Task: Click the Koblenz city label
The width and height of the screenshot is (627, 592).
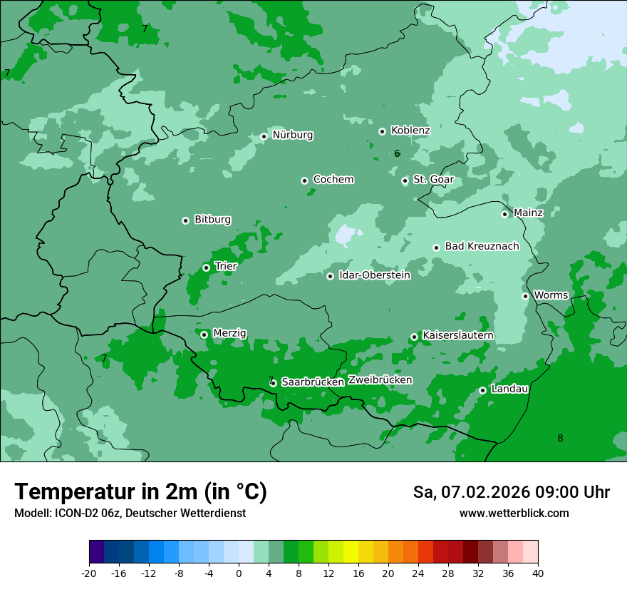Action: click(x=410, y=131)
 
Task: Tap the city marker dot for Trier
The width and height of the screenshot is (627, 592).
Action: click(x=206, y=267)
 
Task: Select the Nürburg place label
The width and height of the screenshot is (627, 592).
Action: click(x=292, y=135)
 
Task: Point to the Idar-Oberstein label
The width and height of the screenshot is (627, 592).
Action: click(x=375, y=275)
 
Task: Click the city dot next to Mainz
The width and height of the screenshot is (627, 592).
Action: click(x=504, y=214)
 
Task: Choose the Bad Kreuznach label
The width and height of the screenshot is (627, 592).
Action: click(x=482, y=246)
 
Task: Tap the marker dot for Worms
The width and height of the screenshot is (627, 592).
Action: click(x=525, y=296)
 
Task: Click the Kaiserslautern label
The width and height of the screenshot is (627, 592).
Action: click(x=458, y=335)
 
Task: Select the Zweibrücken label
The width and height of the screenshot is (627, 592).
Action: click(x=380, y=380)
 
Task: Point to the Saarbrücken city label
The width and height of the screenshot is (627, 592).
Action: click(x=313, y=382)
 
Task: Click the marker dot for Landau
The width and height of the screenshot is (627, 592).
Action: click(x=482, y=390)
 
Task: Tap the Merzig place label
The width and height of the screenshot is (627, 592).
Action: click(x=229, y=333)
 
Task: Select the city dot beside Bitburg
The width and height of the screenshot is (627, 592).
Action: click(x=185, y=220)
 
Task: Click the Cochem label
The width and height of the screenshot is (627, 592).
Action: click(x=333, y=180)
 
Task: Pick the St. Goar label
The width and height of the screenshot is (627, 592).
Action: click(x=433, y=180)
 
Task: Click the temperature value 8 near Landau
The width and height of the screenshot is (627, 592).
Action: click(x=560, y=438)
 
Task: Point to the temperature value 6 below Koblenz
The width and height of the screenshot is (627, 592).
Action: click(x=397, y=153)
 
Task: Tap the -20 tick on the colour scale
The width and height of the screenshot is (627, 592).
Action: click(x=89, y=573)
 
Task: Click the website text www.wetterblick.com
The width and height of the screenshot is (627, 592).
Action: click(x=514, y=514)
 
